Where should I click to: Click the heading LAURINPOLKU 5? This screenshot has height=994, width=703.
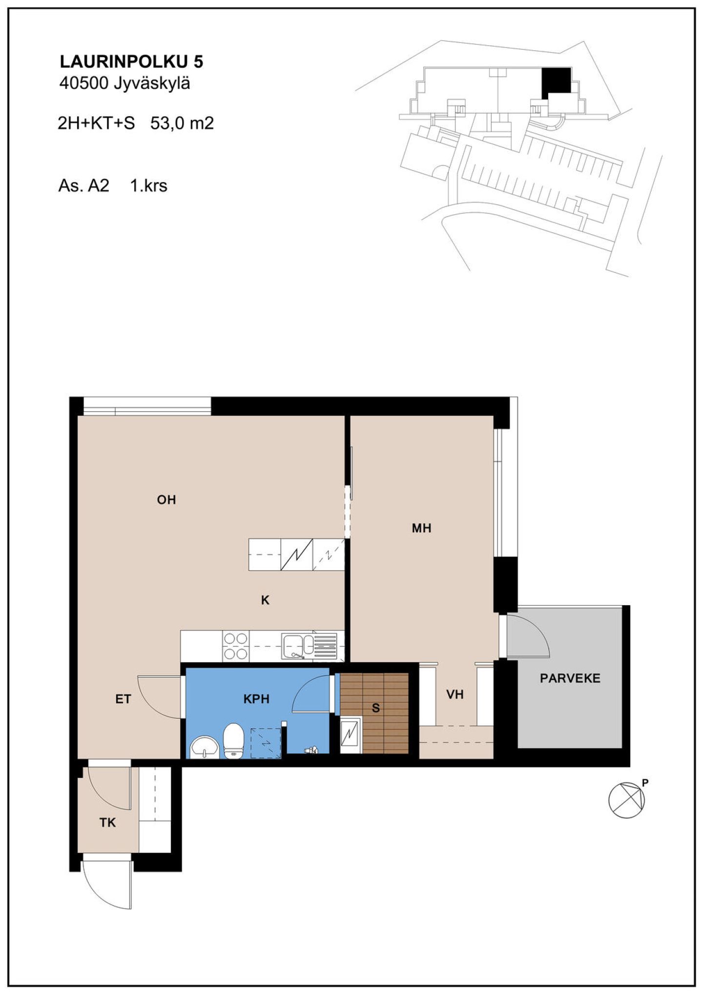pyautogui.click(x=131, y=61)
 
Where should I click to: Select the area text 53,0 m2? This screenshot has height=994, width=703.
pyautogui.click(x=182, y=123)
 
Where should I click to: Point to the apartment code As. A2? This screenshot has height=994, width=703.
pyautogui.click(x=83, y=185)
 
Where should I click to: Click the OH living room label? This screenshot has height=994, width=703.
pyautogui.click(x=166, y=500)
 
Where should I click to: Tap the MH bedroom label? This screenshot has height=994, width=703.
pyautogui.click(x=421, y=528)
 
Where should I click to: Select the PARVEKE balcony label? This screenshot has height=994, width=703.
pyautogui.click(x=570, y=678)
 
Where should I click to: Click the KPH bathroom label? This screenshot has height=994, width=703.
pyautogui.click(x=256, y=699)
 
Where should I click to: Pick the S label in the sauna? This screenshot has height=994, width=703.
pyautogui.click(x=375, y=708)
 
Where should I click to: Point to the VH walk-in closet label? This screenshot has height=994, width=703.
pyautogui.click(x=455, y=694)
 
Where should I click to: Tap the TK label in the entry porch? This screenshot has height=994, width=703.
pyautogui.click(x=107, y=823)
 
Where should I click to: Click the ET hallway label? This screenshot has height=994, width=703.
pyautogui.click(x=123, y=699)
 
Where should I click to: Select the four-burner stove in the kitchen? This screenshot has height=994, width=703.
pyautogui.click(x=235, y=646)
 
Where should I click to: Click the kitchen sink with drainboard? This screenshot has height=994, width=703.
pyautogui.click(x=309, y=646)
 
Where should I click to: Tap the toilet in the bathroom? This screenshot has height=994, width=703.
pyautogui.click(x=233, y=740)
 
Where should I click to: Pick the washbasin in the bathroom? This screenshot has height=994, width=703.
pyautogui.click(x=205, y=747)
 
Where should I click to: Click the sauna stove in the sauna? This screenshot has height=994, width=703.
pyautogui.click(x=351, y=735)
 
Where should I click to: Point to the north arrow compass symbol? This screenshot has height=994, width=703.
pyautogui.click(x=627, y=800)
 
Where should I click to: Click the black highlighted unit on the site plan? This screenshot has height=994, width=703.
pyautogui.click(x=556, y=81)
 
